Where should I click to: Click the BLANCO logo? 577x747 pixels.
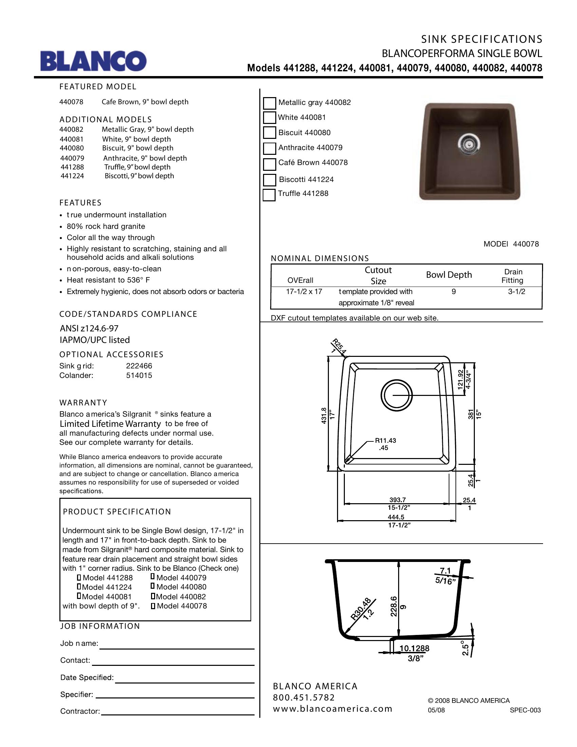point(93,61)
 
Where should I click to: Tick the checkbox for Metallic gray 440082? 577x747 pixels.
point(269,103)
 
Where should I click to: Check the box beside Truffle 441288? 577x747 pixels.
point(269,195)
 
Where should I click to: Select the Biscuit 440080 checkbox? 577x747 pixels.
point(269,133)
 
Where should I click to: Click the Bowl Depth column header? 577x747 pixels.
point(448,275)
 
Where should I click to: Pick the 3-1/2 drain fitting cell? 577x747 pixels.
point(516,292)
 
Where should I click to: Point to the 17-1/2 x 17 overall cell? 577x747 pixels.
point(304,292)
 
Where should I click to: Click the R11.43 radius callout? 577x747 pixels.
point(385,440)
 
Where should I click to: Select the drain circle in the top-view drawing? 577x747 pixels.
point(396,395)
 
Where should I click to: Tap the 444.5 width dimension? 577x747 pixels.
point(396,517)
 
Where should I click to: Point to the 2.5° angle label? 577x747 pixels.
point(465,648)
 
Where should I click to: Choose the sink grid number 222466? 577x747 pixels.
point(139,366)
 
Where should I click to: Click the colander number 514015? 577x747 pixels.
point(139,375)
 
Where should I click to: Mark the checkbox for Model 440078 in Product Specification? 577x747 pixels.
point(153,606)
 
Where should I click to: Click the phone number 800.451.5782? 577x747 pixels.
point(303,697)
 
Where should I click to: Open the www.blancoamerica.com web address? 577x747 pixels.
point(332,709)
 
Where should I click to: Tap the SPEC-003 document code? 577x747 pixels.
point(525,710)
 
